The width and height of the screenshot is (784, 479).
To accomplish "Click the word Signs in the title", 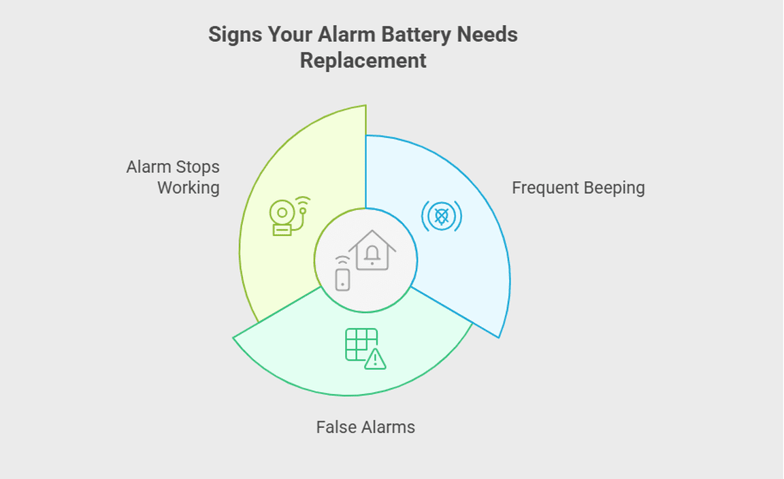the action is point(235,35).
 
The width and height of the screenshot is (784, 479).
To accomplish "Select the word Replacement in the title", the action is point(363,61).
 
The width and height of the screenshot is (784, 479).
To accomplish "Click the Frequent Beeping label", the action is point(578,188).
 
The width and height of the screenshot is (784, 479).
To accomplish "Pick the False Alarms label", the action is point(365,427).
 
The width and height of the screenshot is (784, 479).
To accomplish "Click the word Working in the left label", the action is point(189,188).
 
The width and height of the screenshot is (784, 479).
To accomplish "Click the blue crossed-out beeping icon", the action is point(442,216).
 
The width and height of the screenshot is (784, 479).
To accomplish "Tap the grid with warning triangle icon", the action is point(365,348).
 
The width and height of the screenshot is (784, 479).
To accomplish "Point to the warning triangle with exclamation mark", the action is point(375,359).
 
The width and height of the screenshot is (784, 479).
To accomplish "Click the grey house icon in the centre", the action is point(372,250).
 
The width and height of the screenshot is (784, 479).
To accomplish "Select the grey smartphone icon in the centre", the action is point(342,280).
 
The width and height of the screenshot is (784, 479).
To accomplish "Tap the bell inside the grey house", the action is point(372,254).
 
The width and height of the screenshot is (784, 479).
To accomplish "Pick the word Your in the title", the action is point(290,35).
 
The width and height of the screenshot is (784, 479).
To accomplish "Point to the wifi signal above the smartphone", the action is point(342,261).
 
